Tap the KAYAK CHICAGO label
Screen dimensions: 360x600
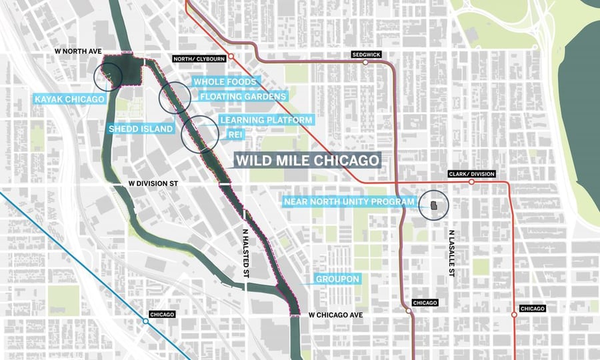click(70, 99)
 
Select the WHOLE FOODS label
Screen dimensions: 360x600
click(224, 82)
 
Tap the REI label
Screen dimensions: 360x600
click(234, 134)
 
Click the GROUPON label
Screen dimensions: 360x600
click(338, 279)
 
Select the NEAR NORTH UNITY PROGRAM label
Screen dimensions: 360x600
click(349, 201)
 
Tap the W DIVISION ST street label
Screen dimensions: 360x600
click(160, 182)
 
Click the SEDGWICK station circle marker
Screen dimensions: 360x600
click(365, 63)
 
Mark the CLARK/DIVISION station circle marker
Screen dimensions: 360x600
click(471, 181)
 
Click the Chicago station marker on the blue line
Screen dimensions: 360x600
click(146, 321)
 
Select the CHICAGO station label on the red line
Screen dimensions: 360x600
click(532, 309)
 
